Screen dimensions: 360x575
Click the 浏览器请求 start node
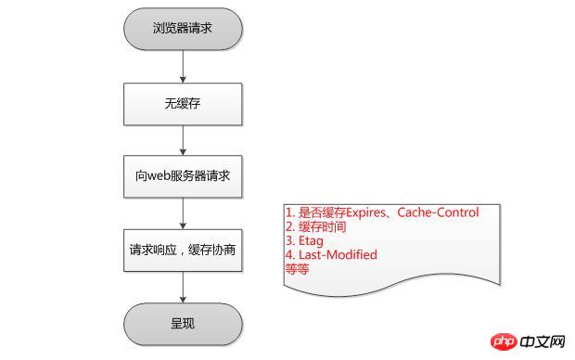click(x=183, y=28)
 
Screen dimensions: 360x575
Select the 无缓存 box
click(x=183, y=103)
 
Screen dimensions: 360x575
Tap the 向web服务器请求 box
click(x=183, y=176)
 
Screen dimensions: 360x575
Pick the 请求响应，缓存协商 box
click(x=183, y=251)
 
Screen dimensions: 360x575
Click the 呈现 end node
click(x=183, y=325)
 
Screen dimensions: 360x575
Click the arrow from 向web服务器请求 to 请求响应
click(x=183, y=212)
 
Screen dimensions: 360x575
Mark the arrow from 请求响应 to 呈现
click(x=183, y=288)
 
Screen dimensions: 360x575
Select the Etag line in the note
click(x=305, y=240)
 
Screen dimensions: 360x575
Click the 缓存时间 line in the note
click(x=315, y=226)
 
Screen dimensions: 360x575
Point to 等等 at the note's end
click(x=298, y=269)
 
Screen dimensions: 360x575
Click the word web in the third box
click(x=150, y=176)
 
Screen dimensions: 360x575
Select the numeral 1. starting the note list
click(x=289, y=212)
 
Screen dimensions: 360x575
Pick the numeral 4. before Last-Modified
click(x=289, y=254)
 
